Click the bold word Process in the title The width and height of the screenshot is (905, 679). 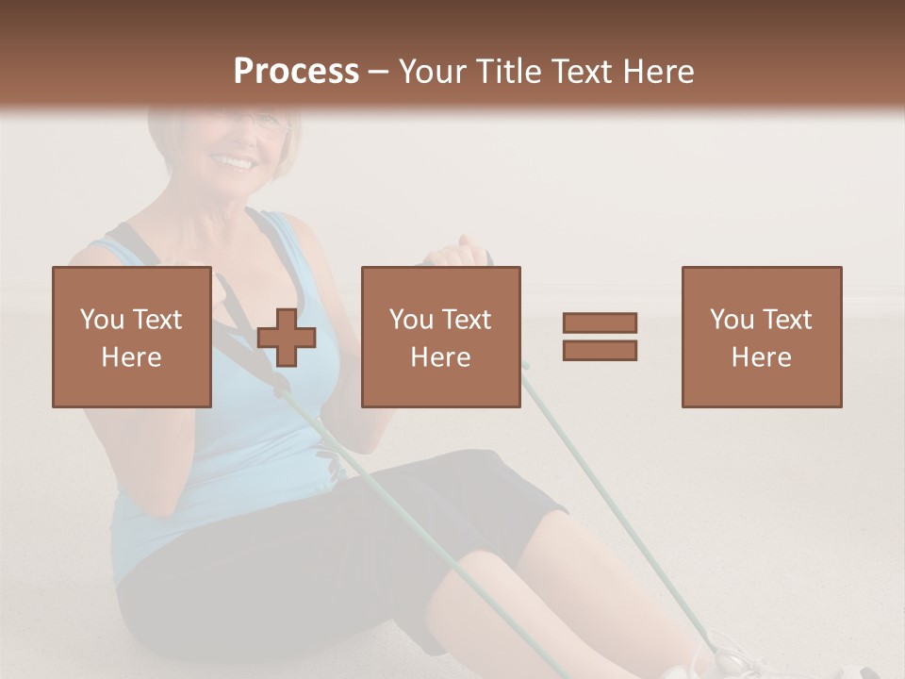coord(296,72)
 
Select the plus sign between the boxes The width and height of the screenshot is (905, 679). coord(287,337)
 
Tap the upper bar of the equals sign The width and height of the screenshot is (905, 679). coord(600,323)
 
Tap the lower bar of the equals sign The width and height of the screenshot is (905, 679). coord(600,350)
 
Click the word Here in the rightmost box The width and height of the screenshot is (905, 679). coord(761,357)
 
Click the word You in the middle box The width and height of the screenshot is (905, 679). coord(410,320)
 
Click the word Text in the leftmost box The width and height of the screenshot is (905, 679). coord(157,320)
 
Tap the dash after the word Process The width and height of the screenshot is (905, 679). coord(379,72)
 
